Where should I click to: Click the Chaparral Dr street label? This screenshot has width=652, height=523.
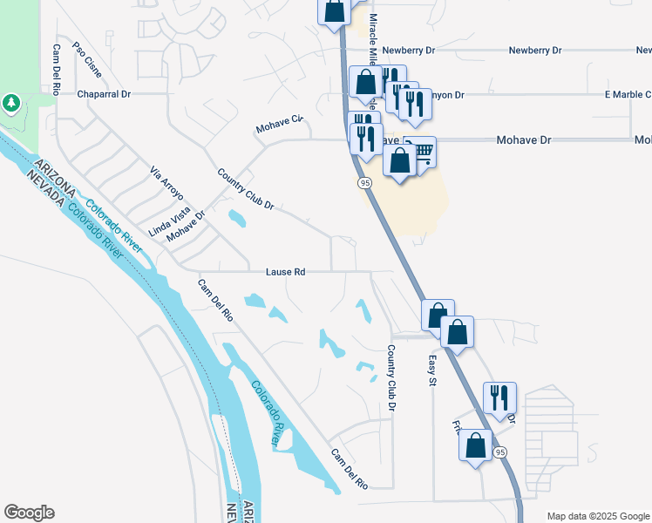coord(104,93)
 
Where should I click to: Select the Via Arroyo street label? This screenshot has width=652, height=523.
coord(163,180)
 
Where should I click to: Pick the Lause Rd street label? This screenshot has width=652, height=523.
coord(286,272)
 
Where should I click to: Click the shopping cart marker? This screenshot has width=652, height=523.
coord(421,153)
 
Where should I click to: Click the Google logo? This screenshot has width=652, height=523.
coord(29,513)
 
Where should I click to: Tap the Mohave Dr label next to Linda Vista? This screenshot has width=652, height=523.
coord(186,226)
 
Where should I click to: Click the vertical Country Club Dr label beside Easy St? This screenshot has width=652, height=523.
coord(391,378)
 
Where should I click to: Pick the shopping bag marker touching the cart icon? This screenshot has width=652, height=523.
coord(400,161)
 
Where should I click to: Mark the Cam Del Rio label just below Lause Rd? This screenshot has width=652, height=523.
coord(215,300)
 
